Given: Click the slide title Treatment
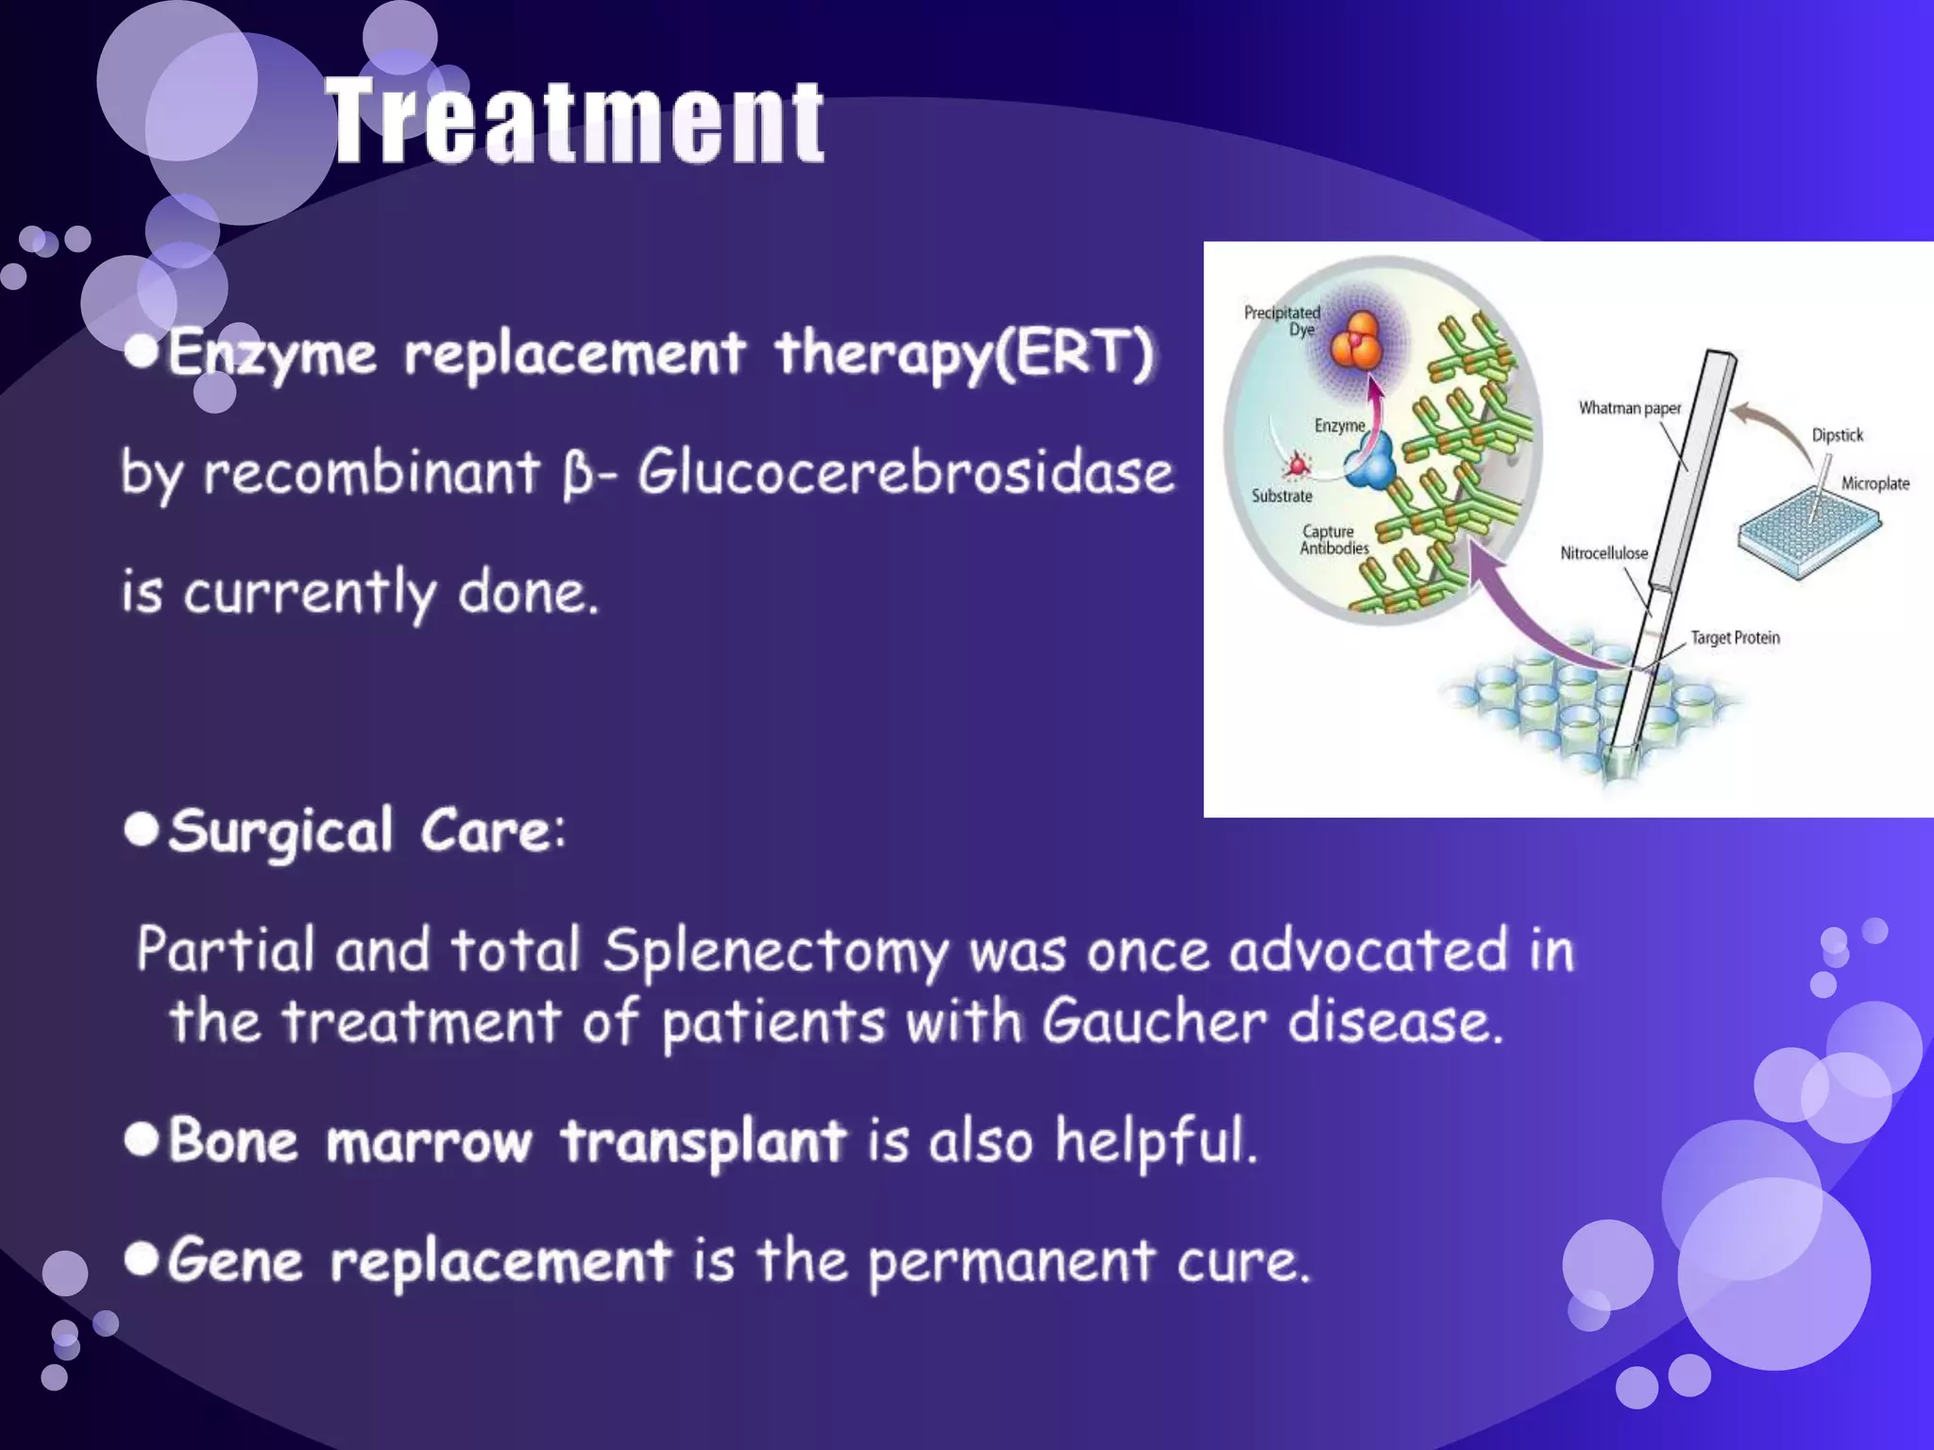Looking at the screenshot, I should [x=576, y=123].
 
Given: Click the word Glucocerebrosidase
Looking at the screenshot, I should [x=905, y=472].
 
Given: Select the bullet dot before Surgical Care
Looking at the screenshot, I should [x=142, y=830].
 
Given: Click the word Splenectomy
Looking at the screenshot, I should [x=774, y=951].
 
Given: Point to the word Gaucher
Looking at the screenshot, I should [x=1154, y=1022].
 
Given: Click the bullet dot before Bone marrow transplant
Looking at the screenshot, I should [x=142, y=1139].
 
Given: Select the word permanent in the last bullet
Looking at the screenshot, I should [x=1010, y=1262].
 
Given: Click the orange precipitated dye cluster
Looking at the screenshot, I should [x=1357, y=342].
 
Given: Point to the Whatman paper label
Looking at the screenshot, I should [x=1630, y=408].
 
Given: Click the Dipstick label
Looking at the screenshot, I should [x=1837, y=435].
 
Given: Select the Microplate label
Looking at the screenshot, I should [x=1875, y=483].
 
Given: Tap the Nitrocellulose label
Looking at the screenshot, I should [x=1603, y=553].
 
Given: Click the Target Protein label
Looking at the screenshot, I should [x=1735, y=638].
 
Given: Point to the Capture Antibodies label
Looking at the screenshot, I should [x=1333, y=540].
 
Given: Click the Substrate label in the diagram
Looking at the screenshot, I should [x=1281, y=496].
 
